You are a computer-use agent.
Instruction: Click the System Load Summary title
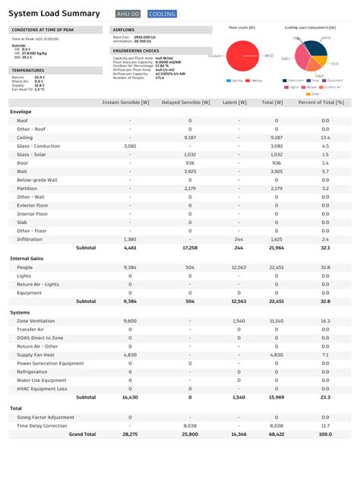54,14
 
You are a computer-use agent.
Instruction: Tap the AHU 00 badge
128,14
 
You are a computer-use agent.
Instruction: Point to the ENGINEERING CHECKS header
136,50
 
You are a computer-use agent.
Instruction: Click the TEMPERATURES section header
29,70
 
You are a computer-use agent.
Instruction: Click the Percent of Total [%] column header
321,101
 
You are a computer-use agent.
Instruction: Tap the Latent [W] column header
238,101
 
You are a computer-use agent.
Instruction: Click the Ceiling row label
24,137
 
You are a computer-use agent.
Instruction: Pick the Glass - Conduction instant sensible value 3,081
130,146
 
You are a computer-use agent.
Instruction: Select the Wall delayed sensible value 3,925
190,172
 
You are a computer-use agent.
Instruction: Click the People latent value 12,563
238,267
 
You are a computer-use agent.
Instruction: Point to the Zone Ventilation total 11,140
276,321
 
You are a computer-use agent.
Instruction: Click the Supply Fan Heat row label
36,355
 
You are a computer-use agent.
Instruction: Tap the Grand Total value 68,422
276,434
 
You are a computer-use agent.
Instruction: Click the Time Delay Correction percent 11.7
325,426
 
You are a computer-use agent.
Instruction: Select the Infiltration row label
30,238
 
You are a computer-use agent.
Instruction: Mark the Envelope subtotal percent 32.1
325,248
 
